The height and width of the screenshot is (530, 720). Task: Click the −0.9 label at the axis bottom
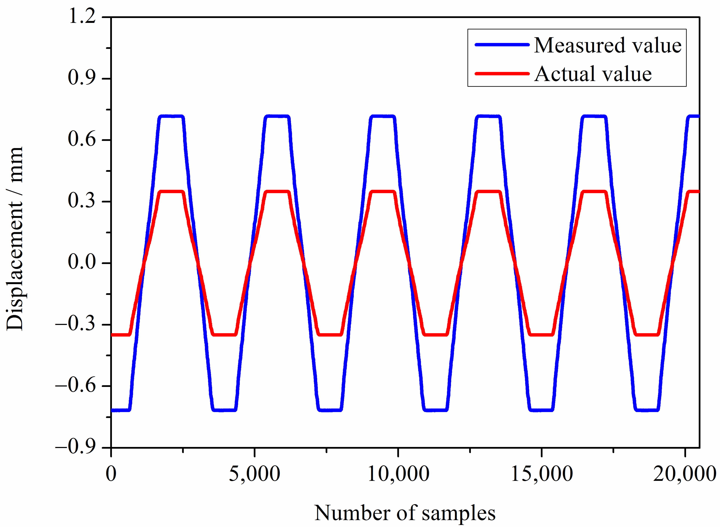pos(76,447)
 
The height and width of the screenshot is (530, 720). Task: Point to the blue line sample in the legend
pos(502,45)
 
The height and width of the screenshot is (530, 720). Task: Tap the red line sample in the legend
pos(502,74)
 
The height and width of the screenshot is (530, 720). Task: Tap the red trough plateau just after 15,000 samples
pos(541,335)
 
